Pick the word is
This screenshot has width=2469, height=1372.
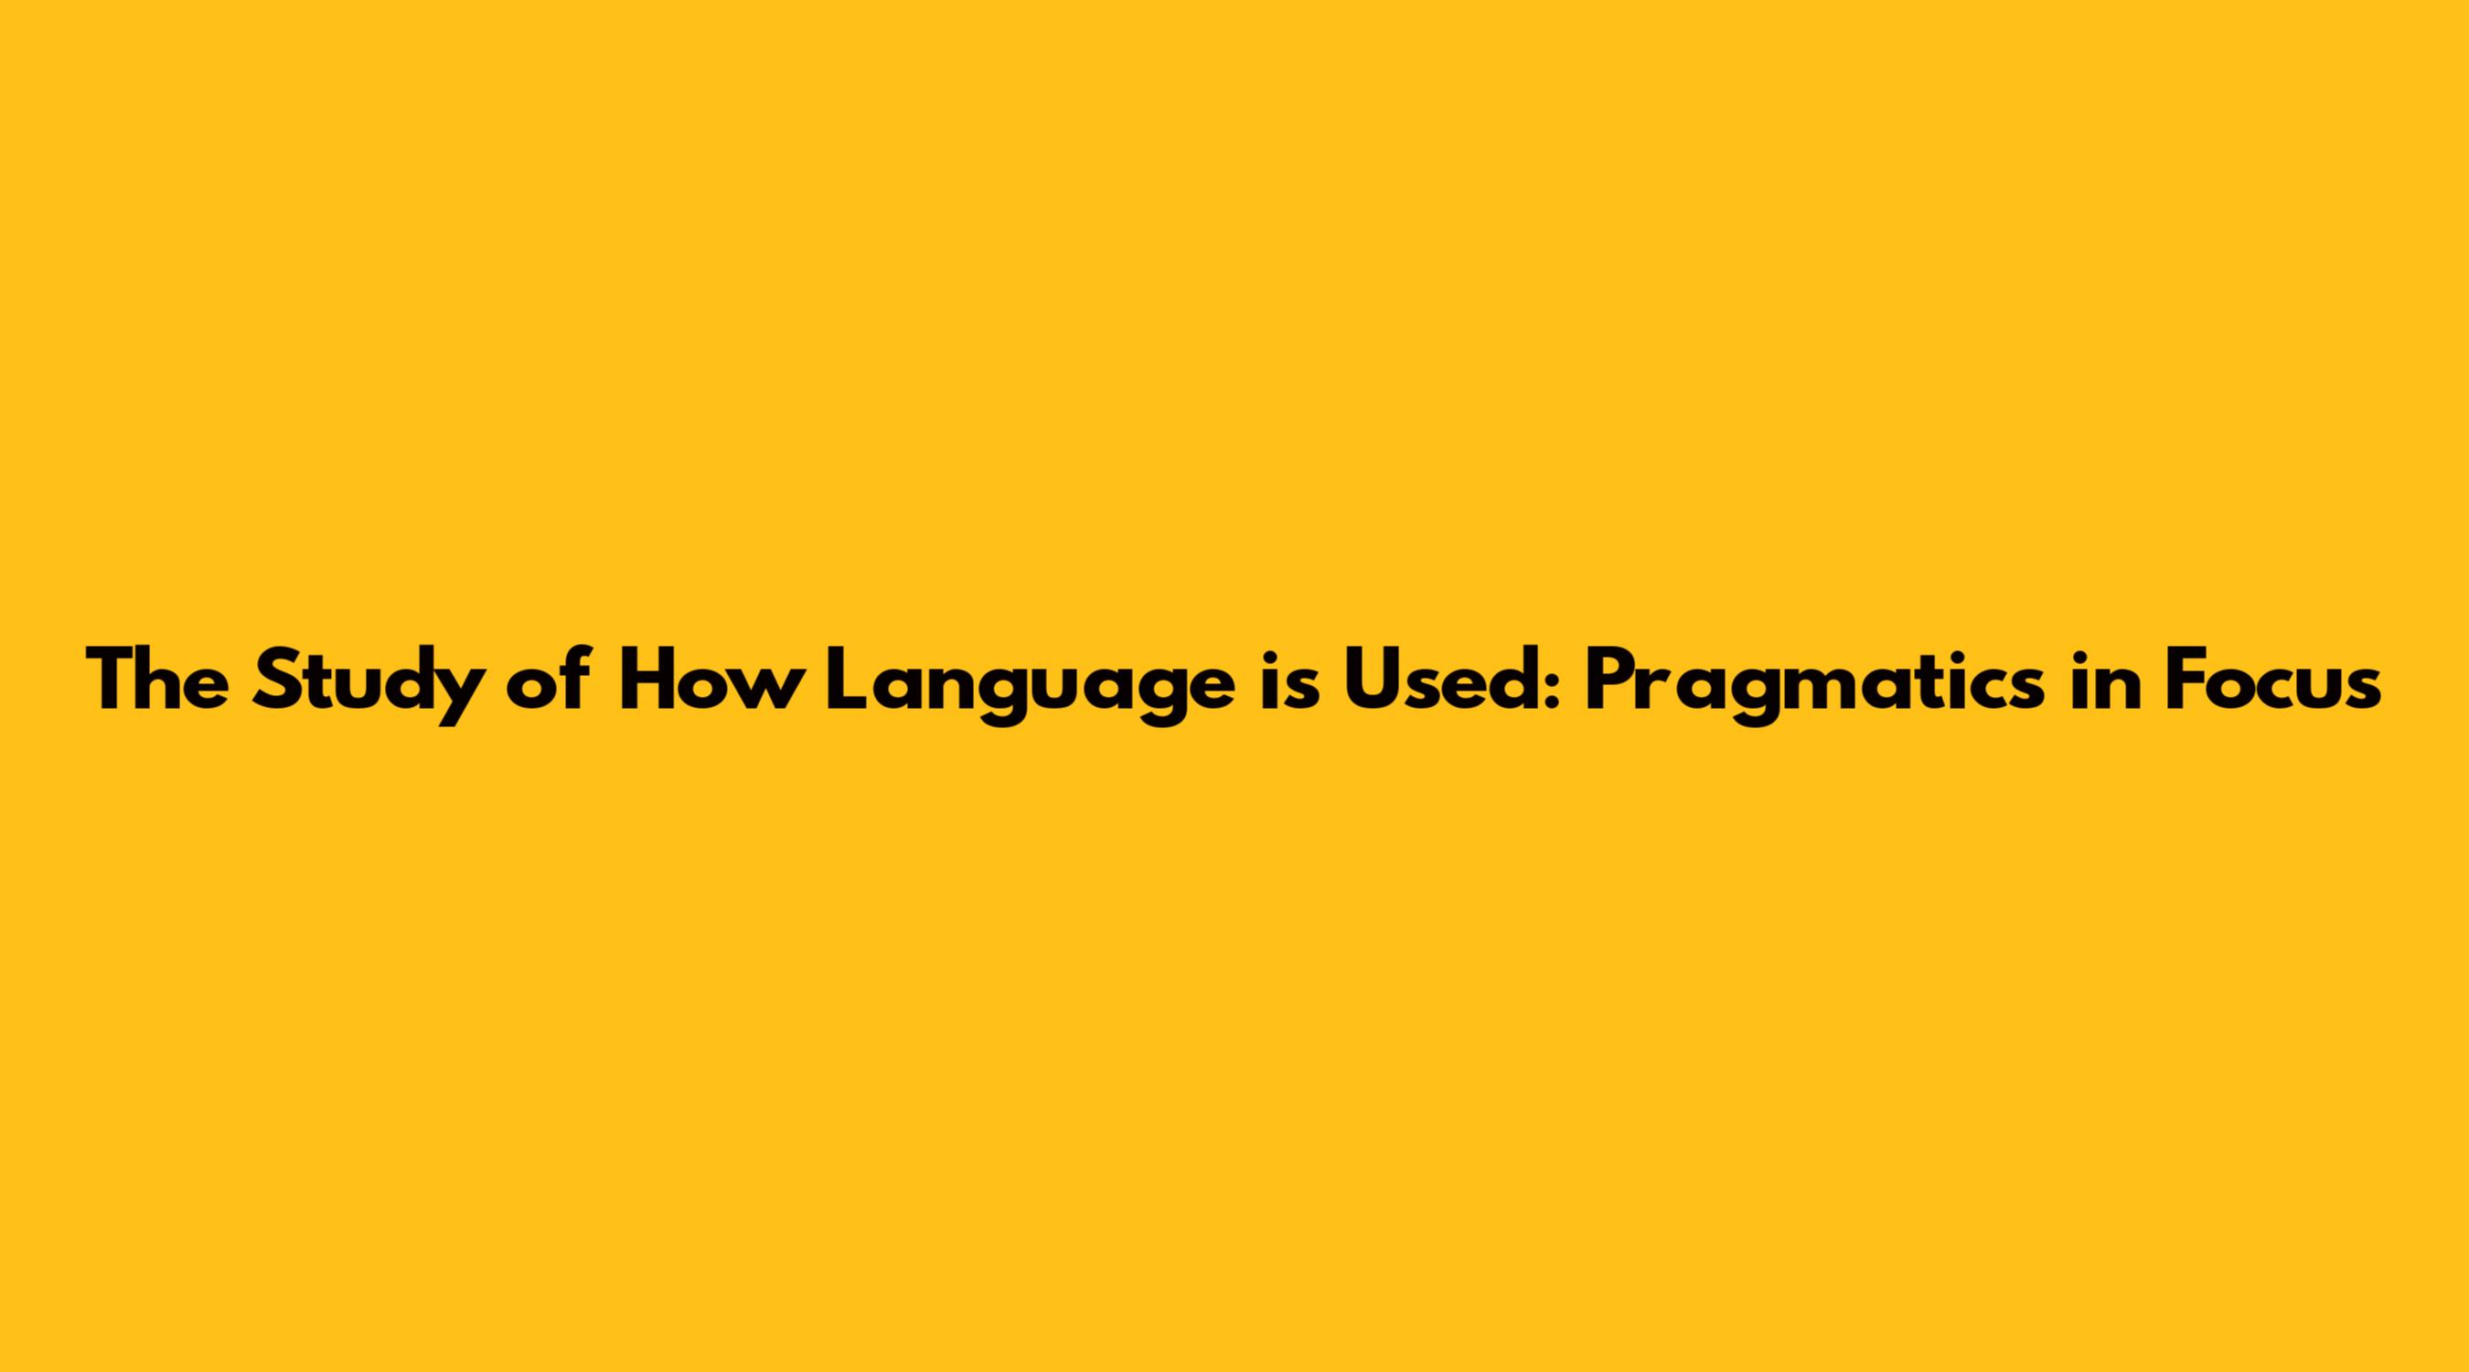[x=1287, y=680]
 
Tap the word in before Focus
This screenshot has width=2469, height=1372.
[x=2105, y=680]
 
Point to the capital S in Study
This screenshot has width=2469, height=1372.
[x=278, y=680]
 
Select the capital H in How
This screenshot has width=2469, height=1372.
[x=654, y=680]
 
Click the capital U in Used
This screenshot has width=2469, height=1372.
[x=1373, y=681]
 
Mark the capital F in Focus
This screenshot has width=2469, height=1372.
[x=2187, y=680]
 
